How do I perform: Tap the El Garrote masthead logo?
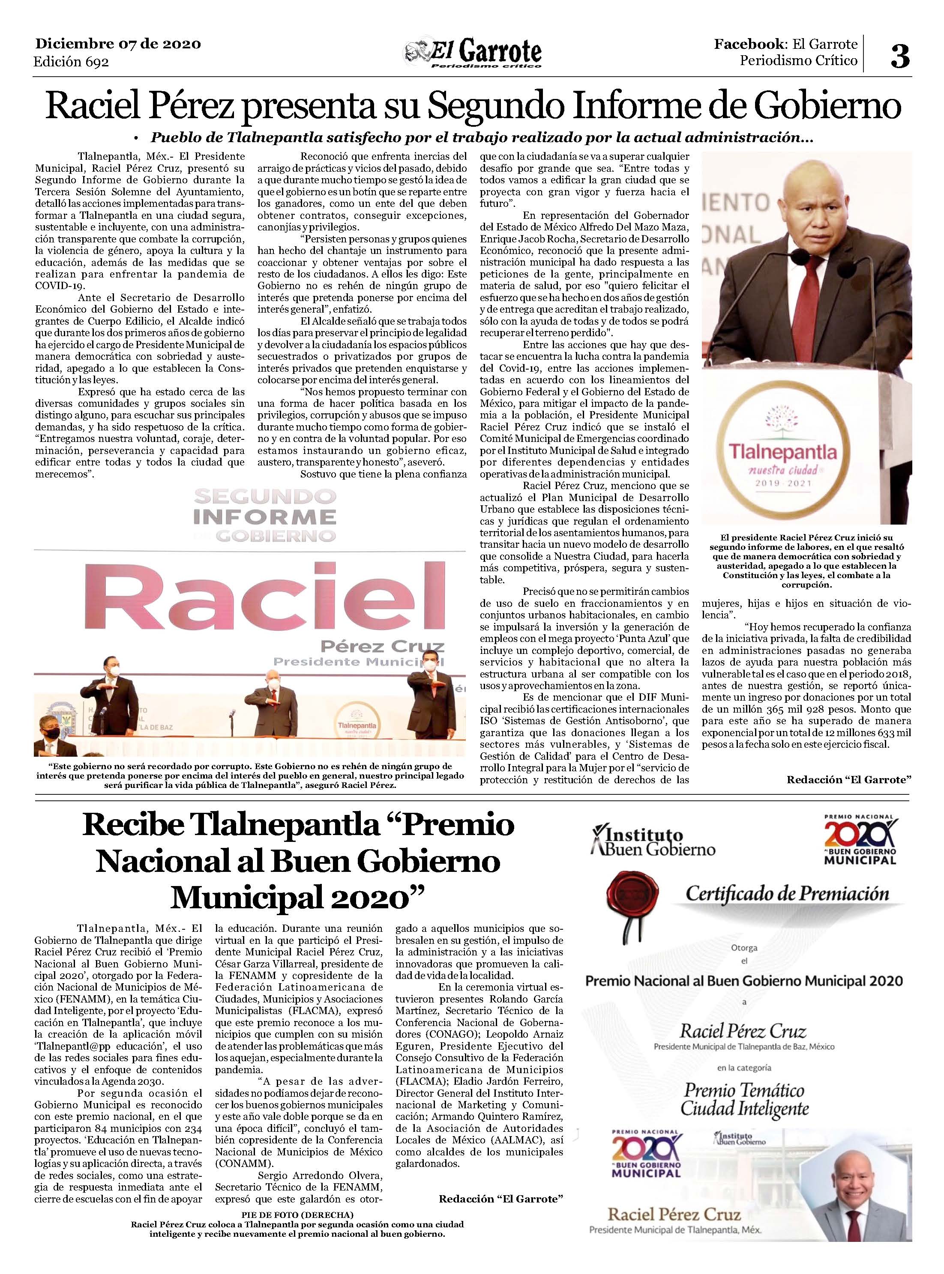473,54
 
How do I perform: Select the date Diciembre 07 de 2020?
118,44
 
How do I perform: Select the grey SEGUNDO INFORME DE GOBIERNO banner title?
264,516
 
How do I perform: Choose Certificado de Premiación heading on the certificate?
787,894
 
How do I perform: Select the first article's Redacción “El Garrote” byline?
848,779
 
